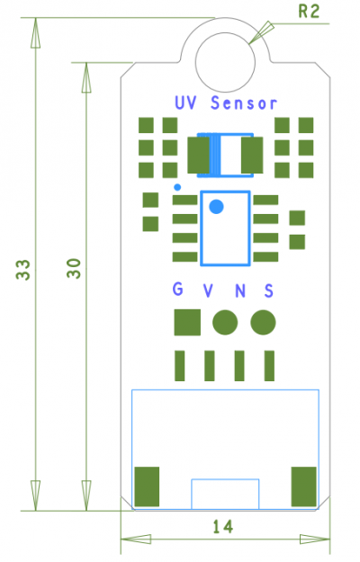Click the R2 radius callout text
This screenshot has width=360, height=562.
point(309,11)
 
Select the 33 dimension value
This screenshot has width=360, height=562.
point(23,269)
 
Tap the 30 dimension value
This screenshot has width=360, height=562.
point(74,268)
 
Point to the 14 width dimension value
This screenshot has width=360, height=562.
point(223,527)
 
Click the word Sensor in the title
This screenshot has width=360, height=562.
point(244,103)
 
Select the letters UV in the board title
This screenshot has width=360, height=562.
point(185,103)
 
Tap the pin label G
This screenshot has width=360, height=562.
point(178,289)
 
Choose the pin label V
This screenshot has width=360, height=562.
point(208,290)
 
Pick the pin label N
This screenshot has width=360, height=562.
point(240,290)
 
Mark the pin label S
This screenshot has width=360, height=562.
point(268,290)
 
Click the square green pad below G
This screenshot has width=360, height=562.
point(187,322)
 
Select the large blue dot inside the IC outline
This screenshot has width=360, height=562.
point(216,207)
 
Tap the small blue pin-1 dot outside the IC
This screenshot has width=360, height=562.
point(177,187)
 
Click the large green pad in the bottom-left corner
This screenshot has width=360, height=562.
point(147,486)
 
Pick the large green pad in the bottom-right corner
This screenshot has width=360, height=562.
point(303,486)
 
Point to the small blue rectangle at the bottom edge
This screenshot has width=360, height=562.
point(225,479)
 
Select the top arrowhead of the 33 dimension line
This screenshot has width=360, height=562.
point(35,32)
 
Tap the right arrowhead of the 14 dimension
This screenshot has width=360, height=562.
point(315,539)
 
